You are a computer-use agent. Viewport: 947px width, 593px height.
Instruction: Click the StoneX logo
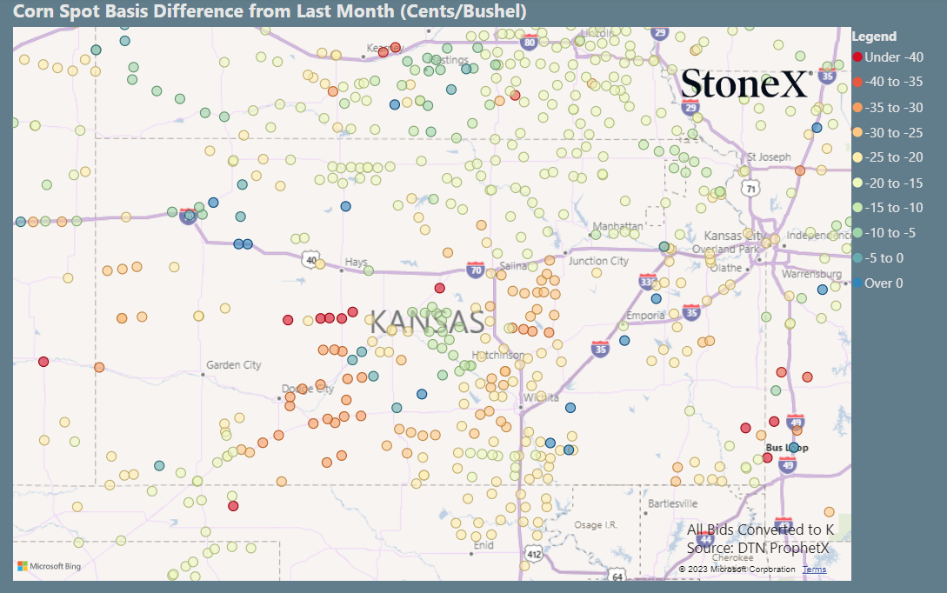(746, 83)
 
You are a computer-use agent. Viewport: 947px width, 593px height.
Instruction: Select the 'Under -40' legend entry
(888, 57)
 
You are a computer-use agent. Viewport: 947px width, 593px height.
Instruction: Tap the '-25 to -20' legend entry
(888, 157)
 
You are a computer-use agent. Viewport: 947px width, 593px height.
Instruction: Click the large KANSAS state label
(427, 322)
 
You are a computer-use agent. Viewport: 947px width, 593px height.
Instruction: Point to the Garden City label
(234, 365)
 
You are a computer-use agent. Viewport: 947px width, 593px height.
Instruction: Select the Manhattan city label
(617, 226)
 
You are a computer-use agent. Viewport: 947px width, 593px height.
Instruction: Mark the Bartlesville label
(673, 503)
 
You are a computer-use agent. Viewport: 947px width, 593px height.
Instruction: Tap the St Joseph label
(770, 157)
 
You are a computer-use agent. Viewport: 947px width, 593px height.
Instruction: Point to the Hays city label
(357, 261)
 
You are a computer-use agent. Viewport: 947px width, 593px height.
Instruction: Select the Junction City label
(598, 261)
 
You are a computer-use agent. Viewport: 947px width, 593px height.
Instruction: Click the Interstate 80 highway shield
(529, 41)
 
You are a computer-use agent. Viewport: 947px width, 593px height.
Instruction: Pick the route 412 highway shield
(533, 553)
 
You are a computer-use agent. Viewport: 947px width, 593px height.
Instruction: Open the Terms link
(815, 570)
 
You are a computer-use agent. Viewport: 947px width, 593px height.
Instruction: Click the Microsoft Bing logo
(50, 566)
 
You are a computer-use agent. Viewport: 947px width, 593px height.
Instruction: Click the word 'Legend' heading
(874, 37)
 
